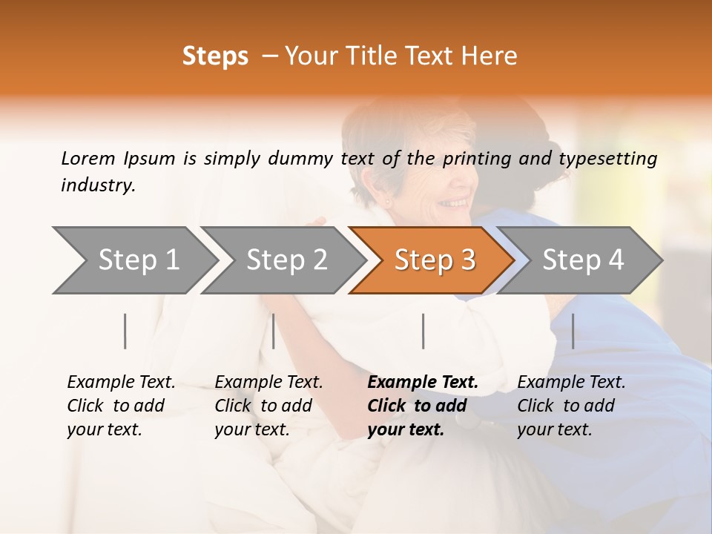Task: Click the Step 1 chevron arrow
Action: [x=133, y=260]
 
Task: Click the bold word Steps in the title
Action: [x=215, y=56]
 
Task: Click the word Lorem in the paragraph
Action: [x=88, y=158]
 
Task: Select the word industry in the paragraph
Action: [x=98, y=185]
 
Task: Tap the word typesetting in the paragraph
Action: [x=607, y=159]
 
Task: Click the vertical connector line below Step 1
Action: [x=125, y=331]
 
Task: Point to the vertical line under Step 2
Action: [x=274, y=331]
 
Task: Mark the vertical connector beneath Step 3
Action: [x=423, y=331]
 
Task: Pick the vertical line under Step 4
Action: [x=573, y=331]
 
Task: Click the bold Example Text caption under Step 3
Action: [x=423, y=383]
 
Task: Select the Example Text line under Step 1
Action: [x=121, y=383]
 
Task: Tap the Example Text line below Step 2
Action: [x=268, y=383]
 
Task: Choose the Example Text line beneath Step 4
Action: [x=571, y=383]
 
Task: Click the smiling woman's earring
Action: [x=386, y=200]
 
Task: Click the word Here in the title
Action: [x=492, y=56]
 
